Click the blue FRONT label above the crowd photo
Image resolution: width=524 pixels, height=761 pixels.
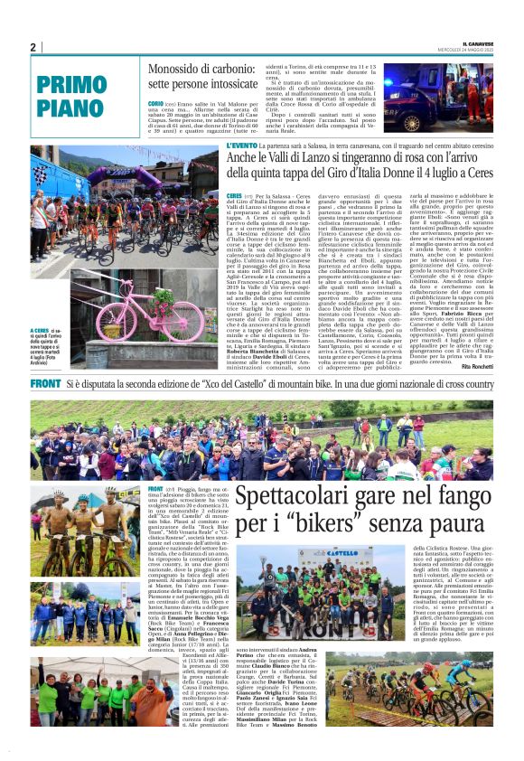coord(45,384)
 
